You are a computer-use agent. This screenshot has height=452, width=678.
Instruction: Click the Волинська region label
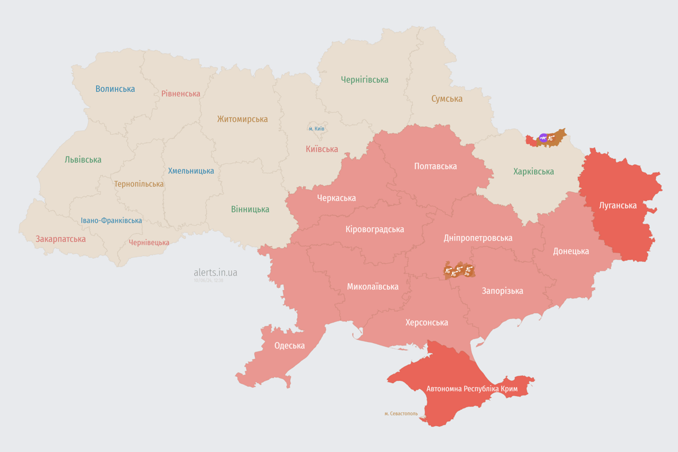(115, 89)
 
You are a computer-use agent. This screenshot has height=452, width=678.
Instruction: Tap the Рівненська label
(181, 94)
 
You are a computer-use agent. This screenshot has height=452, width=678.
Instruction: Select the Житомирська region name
(242, 119)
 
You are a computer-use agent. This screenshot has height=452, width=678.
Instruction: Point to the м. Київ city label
(317, 128)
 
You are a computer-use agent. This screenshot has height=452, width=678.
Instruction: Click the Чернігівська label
(364, 79)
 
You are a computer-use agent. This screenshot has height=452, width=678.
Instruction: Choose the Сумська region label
(447, 99)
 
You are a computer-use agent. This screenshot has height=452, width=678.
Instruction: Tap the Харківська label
(533, 172)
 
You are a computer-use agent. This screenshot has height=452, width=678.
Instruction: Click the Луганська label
(617, 205)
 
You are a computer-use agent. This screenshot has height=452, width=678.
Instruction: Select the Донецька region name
(571, 251)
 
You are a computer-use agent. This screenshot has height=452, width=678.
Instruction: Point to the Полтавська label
(436, 166)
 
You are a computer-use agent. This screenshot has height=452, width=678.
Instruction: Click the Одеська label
(290, 345)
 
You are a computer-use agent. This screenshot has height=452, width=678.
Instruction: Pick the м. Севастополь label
(401, 414)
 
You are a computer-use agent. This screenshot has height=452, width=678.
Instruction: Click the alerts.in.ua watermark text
(215, 272)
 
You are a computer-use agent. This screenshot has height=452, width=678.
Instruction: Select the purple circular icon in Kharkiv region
(543, 138)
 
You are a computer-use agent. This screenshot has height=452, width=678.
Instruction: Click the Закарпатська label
(61, 239)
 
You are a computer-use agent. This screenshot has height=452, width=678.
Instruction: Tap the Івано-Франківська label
(111, 221)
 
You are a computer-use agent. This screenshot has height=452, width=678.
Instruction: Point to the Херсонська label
(427, 323)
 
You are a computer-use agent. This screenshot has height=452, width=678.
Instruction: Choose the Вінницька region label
(250, 209)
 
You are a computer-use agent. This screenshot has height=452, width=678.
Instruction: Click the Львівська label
(83, 159)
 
